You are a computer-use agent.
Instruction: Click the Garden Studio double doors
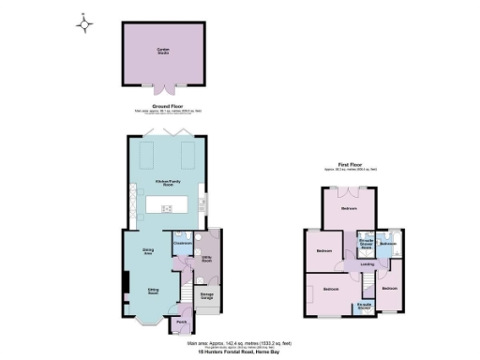coord(164,89)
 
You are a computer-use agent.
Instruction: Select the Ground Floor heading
coord(165,106)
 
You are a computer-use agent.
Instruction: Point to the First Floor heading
coord(349,165)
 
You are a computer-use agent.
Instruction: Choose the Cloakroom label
coord(183,242)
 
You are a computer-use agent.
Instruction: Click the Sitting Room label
coord(151,292)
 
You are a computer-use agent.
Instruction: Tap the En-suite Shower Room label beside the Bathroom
coord(367,243)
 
